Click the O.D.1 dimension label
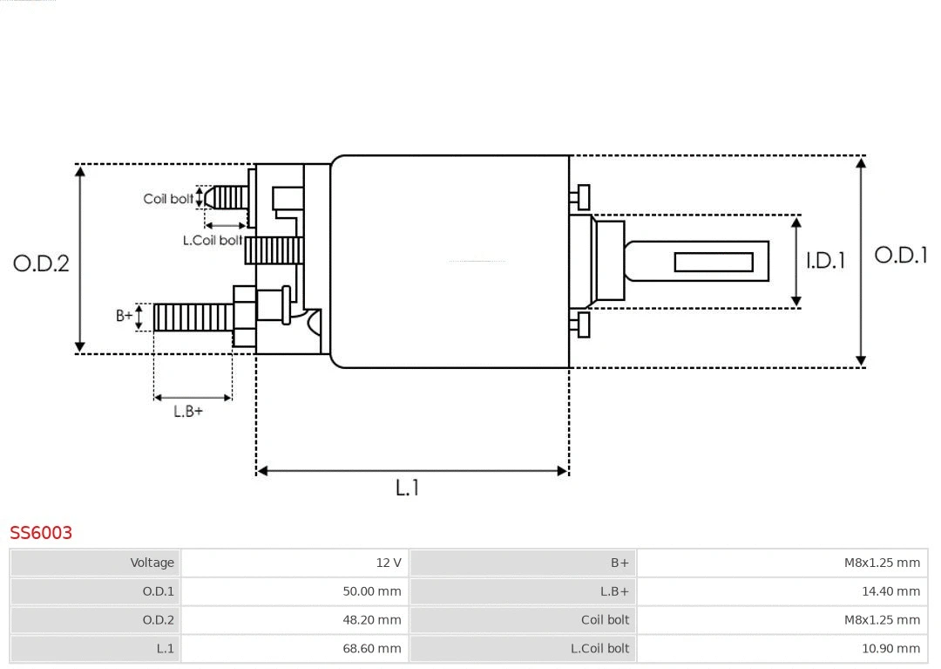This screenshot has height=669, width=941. click(x=900, y=256)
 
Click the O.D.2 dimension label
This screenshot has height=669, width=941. click(x=41, y=263)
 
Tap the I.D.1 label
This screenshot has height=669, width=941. click(x=824, y=261)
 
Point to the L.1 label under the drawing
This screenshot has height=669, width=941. click(x=407, y=488)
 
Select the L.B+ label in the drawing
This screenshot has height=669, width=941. click(x=187, y=412)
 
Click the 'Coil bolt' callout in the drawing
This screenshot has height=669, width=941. click(x=168, y=199)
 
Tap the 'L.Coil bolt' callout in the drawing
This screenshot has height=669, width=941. click(x=212, y=240)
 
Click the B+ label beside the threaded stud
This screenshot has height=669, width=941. click(x=125, y=316)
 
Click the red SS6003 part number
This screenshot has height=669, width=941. click(x=41, y=532)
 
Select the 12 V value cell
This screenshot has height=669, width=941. click(x=389, y=563)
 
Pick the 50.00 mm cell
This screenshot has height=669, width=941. click(x=372, y=591)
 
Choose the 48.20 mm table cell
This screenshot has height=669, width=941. click(x=372, y=620)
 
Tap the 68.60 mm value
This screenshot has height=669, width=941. click(x=372, y=648)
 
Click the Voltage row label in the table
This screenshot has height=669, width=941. click(x=152, y=563)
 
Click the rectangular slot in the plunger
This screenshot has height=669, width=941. click(x=714, y=262)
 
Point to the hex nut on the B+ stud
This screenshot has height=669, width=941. click(x=245, y=317)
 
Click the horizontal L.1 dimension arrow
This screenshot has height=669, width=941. click(x=412, y=471)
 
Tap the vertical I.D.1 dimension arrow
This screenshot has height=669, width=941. click(x=796, y=262)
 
